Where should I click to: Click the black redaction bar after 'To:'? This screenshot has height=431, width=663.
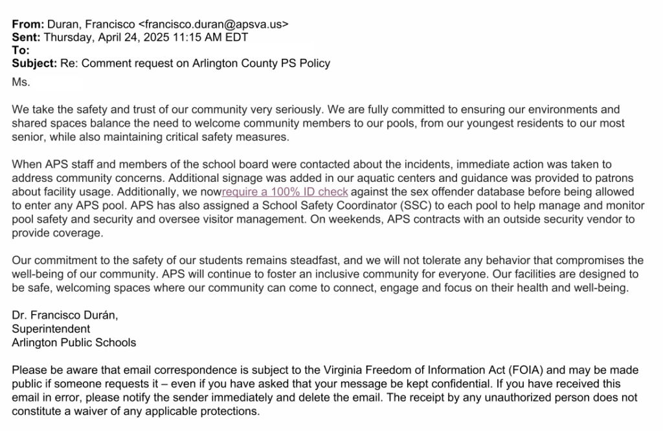pos(172,50)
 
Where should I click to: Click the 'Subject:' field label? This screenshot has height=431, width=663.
pos(34,63)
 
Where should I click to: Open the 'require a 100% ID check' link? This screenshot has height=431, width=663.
pos(285,192)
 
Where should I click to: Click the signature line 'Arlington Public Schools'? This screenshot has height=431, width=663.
pos(74,342)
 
